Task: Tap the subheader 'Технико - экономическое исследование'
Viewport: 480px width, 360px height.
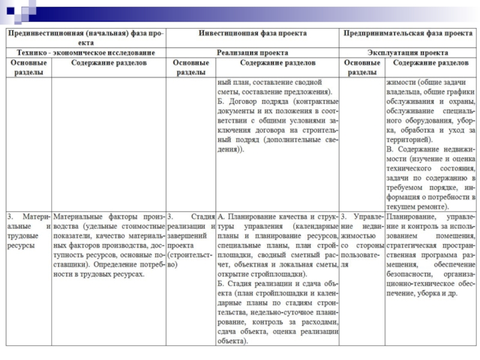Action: tap(86, 53)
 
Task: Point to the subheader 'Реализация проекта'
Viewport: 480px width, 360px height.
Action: tap(252, 53)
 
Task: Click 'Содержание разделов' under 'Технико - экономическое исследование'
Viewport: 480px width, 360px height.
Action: tap(108, 62)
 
